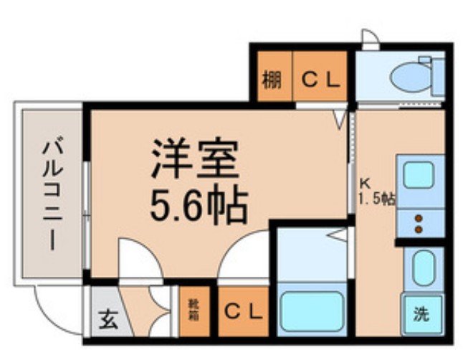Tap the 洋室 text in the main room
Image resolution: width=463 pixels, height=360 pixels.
(194, 158)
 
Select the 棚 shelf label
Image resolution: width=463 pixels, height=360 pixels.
(271, 80)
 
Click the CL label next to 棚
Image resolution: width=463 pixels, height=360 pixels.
(319, 80)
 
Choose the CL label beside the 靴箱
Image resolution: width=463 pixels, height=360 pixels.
(244, 312)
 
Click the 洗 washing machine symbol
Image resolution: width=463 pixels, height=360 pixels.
(421, 314)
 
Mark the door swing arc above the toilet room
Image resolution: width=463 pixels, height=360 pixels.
(371, 38)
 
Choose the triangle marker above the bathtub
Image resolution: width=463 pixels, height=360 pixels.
(337, 235)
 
